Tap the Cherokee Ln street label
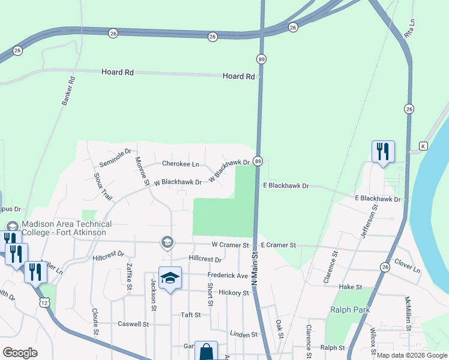pos(180,164)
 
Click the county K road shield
pos(423,146)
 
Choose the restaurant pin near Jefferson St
pos(383,152)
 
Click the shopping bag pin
pos(206,352)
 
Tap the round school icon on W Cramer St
pos(167,242)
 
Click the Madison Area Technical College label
pos(64,228)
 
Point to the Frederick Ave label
pos(228,275)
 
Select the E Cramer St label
pos(279,245)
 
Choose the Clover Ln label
pos(408,266)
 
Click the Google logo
pos(20,353)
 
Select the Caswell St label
pos(133,324)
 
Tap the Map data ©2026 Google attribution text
pos(411,355)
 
